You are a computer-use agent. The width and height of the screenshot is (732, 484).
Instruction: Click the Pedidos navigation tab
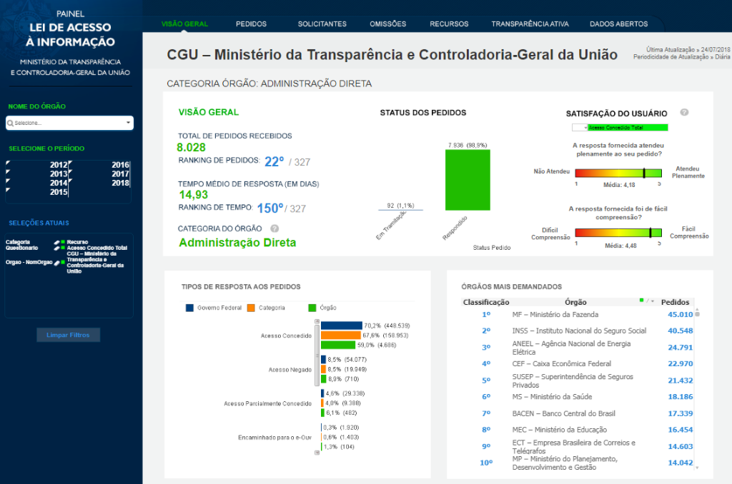point(251,24)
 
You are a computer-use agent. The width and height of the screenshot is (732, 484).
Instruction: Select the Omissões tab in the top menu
point(387,24)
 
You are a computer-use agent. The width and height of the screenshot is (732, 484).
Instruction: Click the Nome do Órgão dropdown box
point(69,123)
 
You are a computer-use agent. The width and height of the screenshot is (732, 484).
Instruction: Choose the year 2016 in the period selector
point(120,165)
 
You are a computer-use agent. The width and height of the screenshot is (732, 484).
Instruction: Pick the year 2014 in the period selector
point(59,183)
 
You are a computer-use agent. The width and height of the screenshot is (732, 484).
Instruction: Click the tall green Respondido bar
point(468,180)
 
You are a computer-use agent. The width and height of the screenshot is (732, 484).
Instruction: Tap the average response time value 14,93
point(194,194)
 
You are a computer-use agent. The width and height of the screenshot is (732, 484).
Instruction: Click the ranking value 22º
point(274,161)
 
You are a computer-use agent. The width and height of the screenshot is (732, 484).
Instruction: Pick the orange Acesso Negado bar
point(323,369)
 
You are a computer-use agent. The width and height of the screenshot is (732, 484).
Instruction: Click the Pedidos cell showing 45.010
point(680,314)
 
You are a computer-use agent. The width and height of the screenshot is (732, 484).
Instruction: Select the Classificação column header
point(486,302)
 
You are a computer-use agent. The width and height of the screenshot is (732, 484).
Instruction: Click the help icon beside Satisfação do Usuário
point(684,113)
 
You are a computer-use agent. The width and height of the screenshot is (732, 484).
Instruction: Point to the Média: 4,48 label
point(620,246)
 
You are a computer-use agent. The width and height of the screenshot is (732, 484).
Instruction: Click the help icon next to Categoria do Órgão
point(274,228)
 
